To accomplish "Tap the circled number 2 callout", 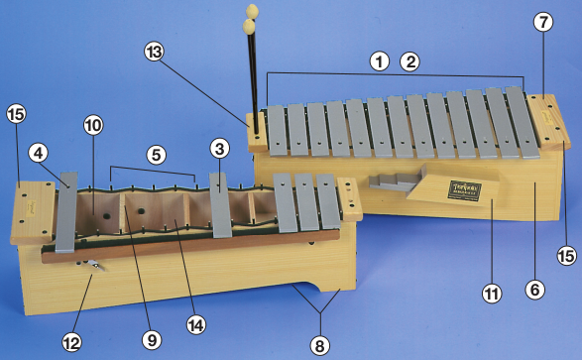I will (x=409, y=60).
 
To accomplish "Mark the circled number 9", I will (x=151, y=338).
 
